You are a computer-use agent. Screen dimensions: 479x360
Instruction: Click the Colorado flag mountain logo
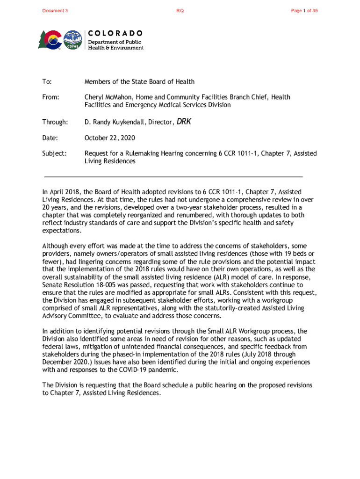[50, 40]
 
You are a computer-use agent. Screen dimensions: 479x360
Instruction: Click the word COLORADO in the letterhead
[115, 33]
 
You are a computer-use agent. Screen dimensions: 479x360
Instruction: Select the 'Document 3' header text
[55, 11]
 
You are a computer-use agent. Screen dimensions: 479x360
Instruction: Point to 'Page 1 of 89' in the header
[304, 11]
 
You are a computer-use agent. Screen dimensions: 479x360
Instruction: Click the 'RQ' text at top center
[180, 11]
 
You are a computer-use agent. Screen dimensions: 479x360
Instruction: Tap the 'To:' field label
[47, 82]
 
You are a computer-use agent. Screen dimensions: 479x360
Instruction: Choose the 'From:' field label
[51, 97]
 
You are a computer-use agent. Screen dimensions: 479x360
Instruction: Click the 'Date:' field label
[50, 138]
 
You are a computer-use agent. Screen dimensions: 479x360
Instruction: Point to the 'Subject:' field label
[54, 153]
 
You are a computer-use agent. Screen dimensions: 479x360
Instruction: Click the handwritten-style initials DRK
[184, 122]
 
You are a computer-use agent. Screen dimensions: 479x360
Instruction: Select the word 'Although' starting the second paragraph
[56, 246]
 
